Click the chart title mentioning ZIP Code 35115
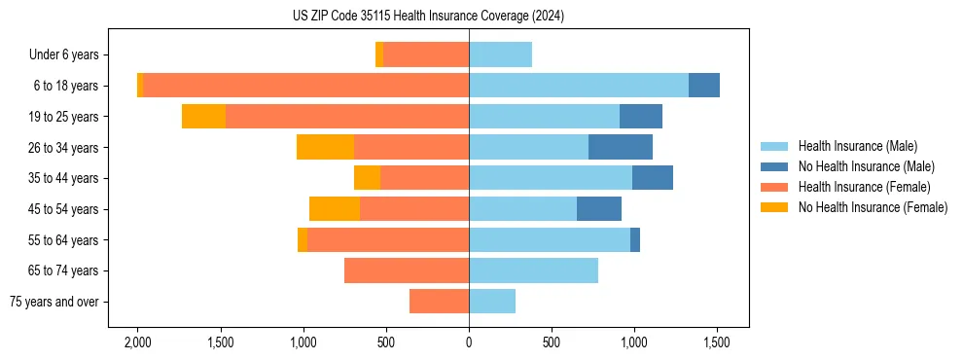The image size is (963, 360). (428, 17)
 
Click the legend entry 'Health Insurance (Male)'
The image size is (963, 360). (856, 146)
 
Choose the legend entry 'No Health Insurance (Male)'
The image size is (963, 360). (866, 166)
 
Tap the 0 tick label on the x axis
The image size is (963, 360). (469, 342)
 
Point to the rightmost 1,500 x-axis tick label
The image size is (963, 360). (717, 342)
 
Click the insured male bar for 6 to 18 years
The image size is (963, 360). (579, 86)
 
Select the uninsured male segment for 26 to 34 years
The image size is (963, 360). (621, 147)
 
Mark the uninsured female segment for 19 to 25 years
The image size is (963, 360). (203, 117)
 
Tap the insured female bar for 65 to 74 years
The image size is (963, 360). (407, 270)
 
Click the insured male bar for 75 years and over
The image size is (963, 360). (492, 302)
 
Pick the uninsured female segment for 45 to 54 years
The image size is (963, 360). (335, 209)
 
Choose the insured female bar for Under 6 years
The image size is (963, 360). (426, 55)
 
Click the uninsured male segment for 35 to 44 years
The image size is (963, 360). (653, 178)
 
